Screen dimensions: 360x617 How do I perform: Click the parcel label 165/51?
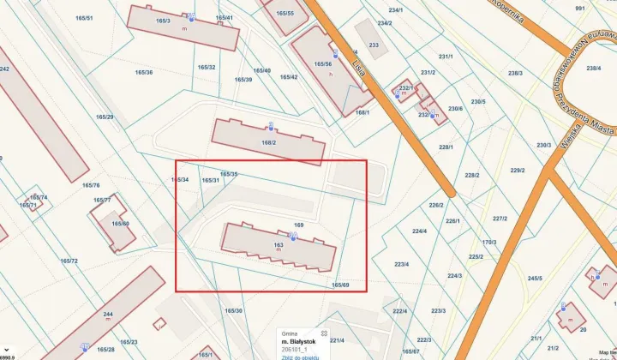click(84, 17)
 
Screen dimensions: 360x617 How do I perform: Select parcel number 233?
click(374, 45)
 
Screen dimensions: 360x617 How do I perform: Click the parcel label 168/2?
click(268, 142)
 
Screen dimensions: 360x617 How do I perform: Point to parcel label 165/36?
click(143, 72)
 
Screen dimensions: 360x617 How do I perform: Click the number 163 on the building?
click(279, 246)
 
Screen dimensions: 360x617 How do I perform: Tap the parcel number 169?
click(299, 225)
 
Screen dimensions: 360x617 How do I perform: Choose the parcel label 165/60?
click(121, 224)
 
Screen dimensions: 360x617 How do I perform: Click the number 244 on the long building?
click(108, 314)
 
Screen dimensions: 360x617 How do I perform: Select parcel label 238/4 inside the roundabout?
click(593, 68)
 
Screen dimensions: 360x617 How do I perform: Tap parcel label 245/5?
click(535, 279)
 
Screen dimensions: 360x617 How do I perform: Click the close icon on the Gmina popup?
click(323, 332)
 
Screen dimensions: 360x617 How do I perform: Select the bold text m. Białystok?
click(299, 341)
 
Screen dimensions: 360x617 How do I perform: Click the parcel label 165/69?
click(340, 285)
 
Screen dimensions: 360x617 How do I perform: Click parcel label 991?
click(580, 8)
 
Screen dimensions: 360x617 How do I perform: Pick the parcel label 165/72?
click(69, 261)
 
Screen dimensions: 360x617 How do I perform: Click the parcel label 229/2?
click(517, 170)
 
